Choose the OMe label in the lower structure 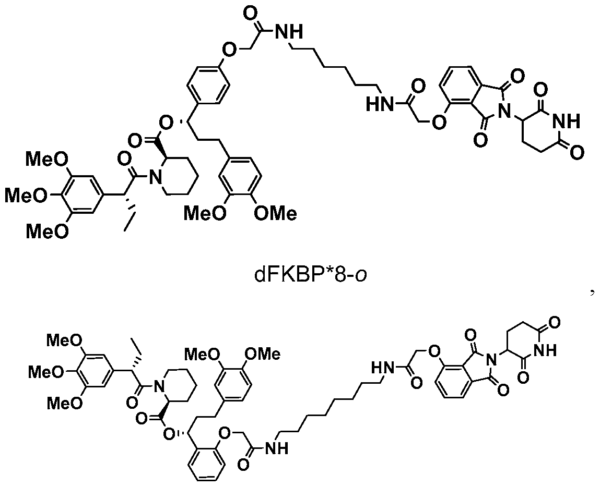coord(263,354)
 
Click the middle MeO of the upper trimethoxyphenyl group coord(27,196)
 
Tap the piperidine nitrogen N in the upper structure coord(155,177)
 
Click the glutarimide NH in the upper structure coord(567,121)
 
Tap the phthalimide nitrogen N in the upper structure coord(506,111)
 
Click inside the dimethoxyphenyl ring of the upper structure coord(240,176)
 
